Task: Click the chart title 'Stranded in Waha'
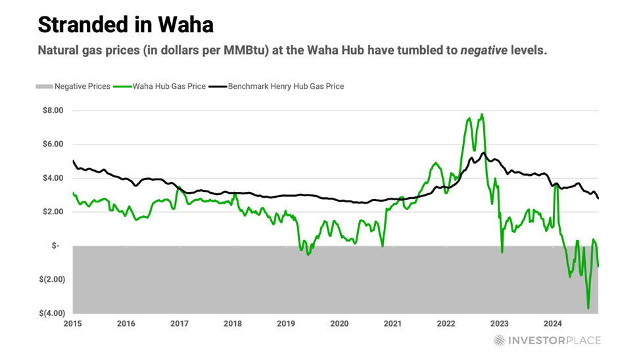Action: [125, 24]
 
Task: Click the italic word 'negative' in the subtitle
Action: [507, 51]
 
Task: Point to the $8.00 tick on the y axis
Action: [53, 110]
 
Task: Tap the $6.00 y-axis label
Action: [53, 145]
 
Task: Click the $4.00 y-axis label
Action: [53, 178]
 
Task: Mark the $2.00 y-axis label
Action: [53, 212]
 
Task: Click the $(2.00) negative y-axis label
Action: [51, 280]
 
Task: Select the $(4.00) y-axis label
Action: [51, 313]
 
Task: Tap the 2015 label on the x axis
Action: [73, 323]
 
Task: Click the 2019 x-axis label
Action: [286, 323]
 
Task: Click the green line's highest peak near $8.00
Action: [482, 114]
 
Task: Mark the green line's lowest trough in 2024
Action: [588, 308]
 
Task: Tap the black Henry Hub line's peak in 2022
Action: [484, 153]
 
